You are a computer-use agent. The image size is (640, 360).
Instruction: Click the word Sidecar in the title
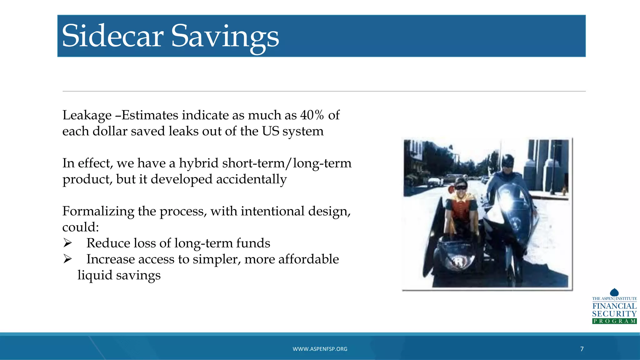[113, 36]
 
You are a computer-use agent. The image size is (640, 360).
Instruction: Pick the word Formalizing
[98, 211]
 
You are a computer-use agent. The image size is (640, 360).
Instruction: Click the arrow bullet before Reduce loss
[67, 242]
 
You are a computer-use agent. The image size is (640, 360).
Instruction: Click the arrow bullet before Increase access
[67, 259]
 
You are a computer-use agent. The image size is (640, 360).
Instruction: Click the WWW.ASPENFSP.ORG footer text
[320, 349]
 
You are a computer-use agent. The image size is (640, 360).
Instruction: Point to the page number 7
[582, 349]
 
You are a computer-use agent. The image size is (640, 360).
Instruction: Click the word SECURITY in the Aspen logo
[614, 314]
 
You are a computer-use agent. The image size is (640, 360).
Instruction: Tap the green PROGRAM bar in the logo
[614, 321]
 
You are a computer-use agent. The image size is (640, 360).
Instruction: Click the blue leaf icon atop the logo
[614, 292]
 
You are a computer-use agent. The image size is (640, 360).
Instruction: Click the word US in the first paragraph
[270, 131]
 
